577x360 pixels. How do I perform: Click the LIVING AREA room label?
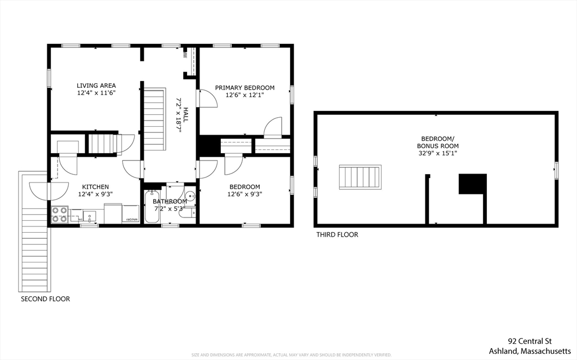click(96, 86)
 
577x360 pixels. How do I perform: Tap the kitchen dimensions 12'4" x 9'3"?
click(95, 194)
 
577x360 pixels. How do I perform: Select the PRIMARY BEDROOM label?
click(245, 88)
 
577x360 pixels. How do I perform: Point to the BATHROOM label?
click(170, 202)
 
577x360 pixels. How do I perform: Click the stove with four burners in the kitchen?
click(60, 215)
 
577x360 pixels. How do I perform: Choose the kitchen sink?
click(90, 215)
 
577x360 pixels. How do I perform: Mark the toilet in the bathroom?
click(190, 213)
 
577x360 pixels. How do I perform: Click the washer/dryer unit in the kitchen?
click(130, 215)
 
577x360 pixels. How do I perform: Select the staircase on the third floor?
click(360, 177)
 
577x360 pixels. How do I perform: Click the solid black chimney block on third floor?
click(472, 184)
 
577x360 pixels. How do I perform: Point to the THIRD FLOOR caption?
click(336, 235)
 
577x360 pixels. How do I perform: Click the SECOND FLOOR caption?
click(45, 299)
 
